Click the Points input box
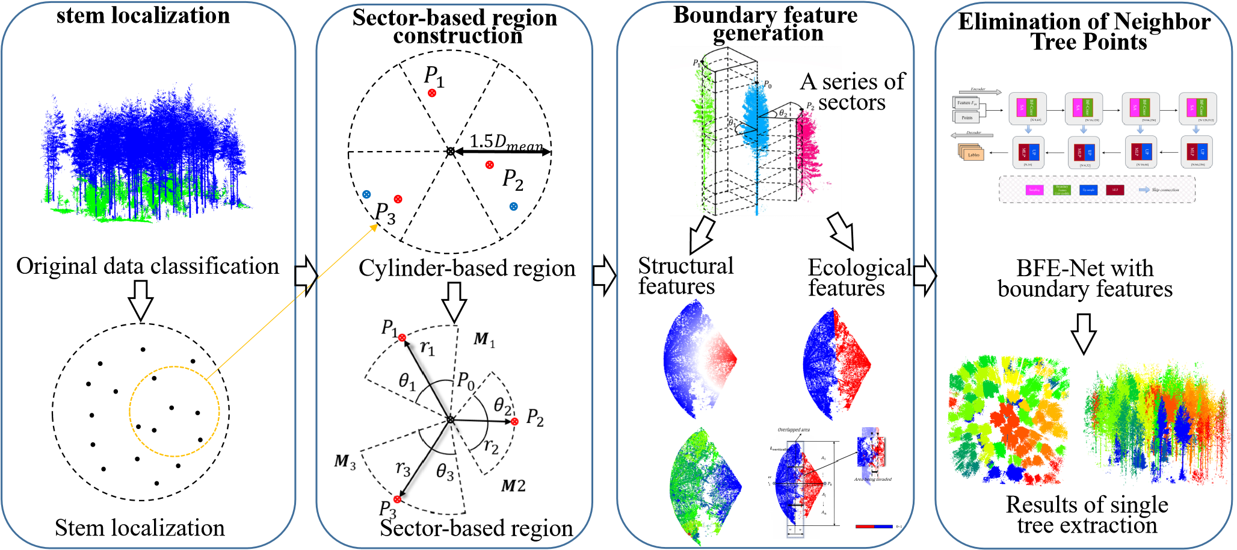point(967,117)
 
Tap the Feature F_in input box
point(966,103)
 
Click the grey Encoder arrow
point(978,92)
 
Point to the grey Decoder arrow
point(972,135)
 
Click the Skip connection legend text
point(1165,190)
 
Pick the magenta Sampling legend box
point(1034,190)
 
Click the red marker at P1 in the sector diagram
point(402,338)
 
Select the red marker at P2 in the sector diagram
point(514,421)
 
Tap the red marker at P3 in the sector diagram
point(397,499)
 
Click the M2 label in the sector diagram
point(513,486)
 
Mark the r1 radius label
point(427,348)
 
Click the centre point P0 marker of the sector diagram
point(451,419)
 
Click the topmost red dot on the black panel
point(432,93)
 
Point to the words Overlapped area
point(794,430)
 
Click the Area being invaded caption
point(872,480)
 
